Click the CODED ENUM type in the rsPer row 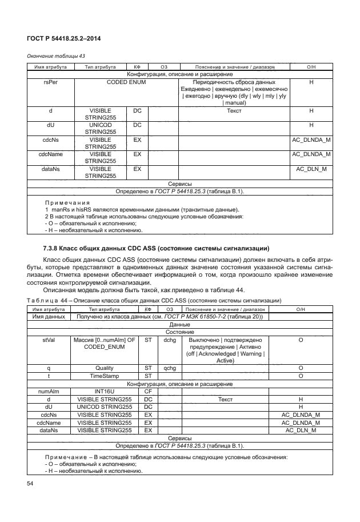click(x=126, y=82)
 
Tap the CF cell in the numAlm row click(x=147, y=391)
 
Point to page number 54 click(x=30, y=484)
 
